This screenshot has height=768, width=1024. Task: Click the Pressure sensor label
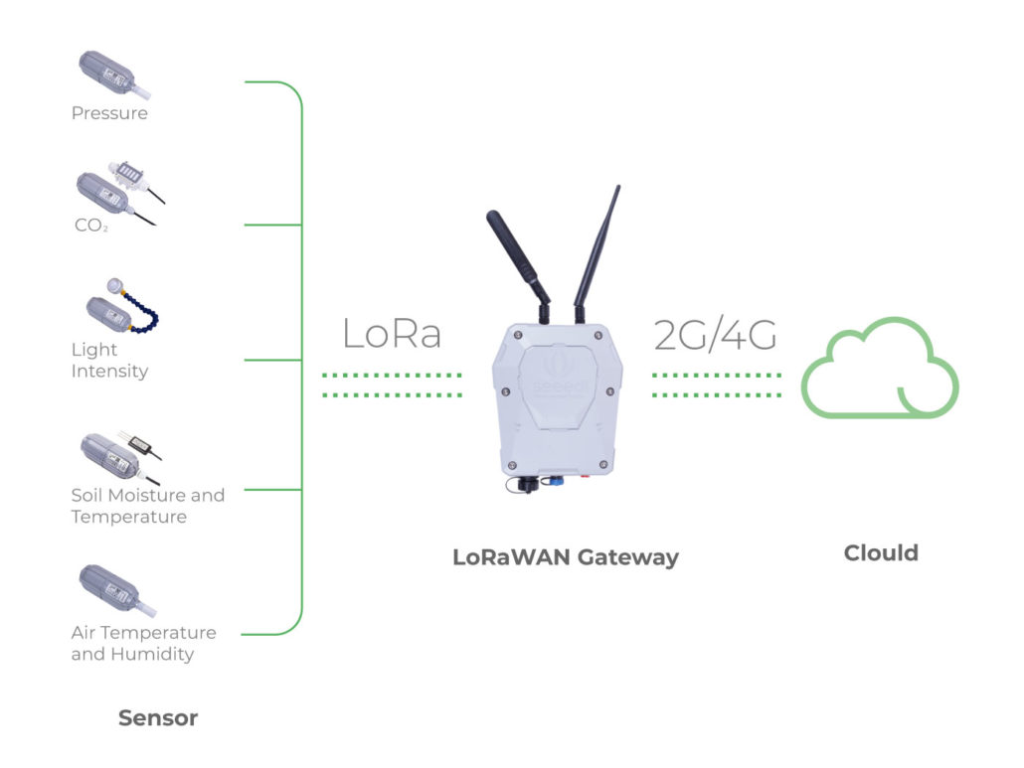[109, 113]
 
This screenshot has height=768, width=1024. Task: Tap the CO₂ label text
[90, 226]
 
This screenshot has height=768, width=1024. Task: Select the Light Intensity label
[109, 361]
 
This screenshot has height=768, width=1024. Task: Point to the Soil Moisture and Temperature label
[147, 506]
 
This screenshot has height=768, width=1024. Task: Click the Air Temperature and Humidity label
[143, 643]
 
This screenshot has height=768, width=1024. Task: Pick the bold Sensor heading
[158, 717]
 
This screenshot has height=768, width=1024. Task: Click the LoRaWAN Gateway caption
[565, 556]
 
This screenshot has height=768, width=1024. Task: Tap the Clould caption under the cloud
[881, 552]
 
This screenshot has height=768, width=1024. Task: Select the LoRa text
[392, 335]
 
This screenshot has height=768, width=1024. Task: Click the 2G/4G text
[715, 336]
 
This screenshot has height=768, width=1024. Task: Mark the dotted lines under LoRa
[393, 385]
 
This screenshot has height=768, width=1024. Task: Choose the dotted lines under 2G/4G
[717, 385]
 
